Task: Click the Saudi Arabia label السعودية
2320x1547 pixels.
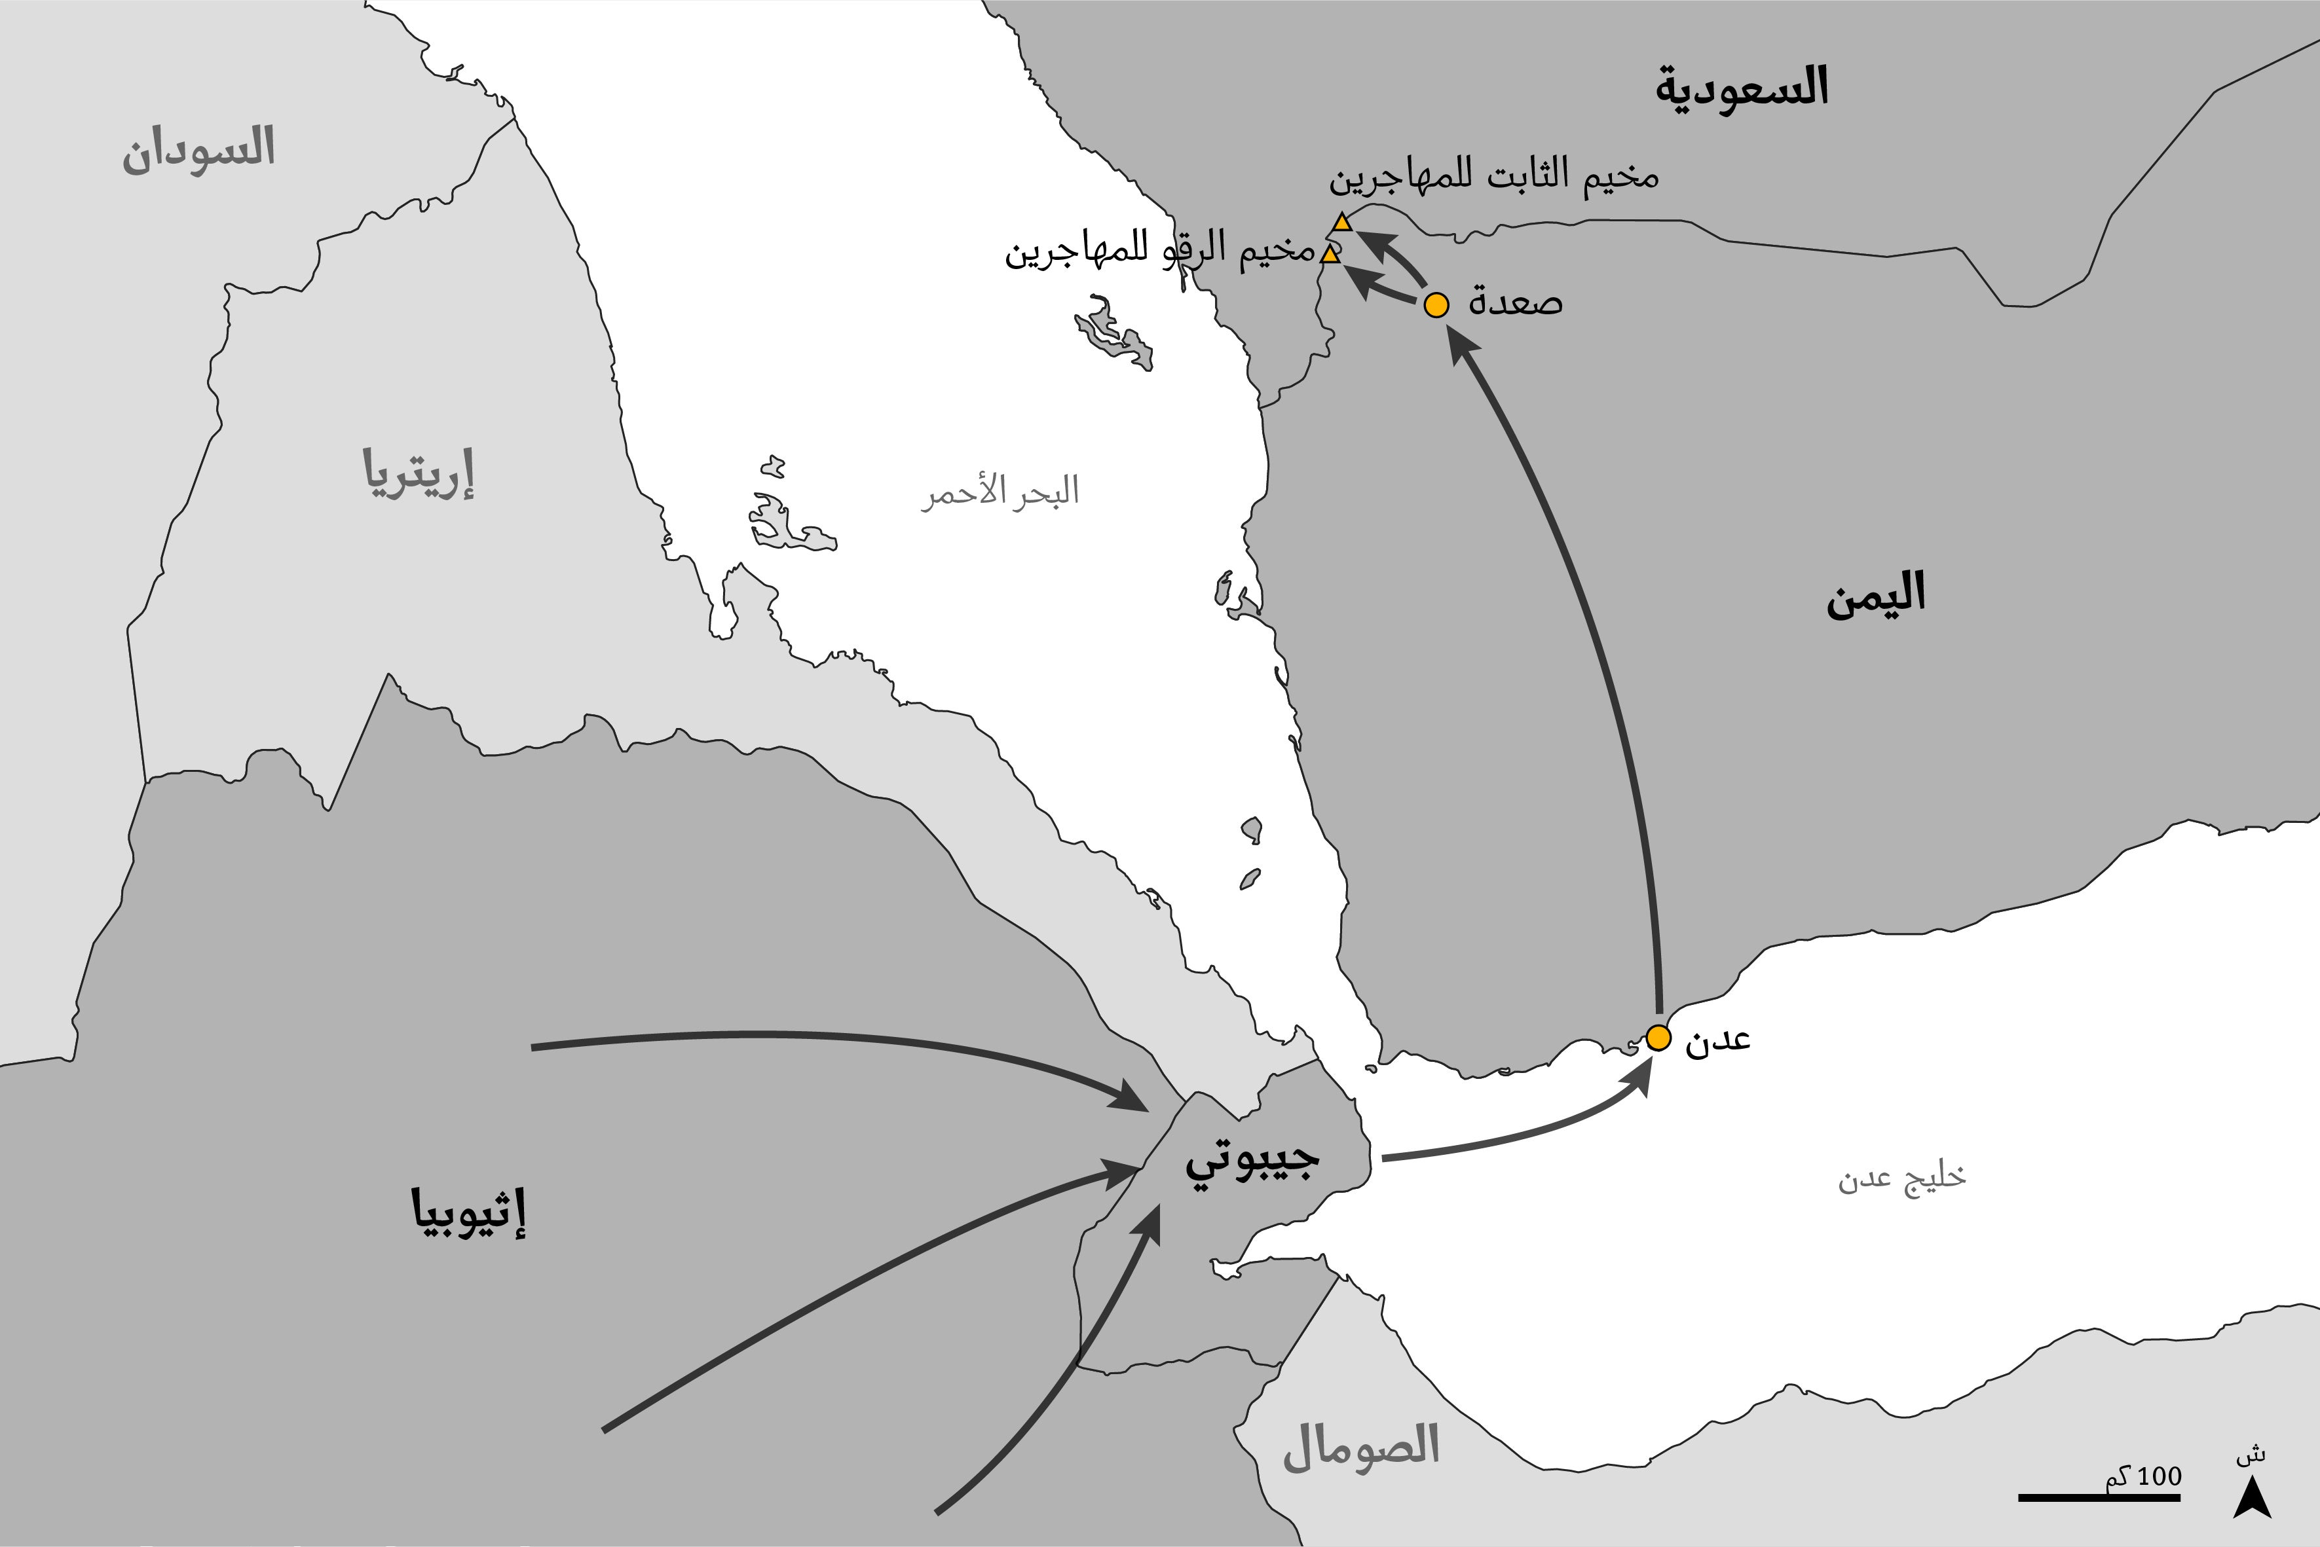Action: (x=1742, y=88)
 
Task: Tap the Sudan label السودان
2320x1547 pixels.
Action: (x=198, y=150)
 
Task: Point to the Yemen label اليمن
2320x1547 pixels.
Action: (x=1875, y=596)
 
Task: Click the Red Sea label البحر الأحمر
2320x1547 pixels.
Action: (x=1000, y=491)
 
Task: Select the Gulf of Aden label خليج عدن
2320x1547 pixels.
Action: (x=1901, y=1178)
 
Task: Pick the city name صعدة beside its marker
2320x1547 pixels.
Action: (x=1515, y=302)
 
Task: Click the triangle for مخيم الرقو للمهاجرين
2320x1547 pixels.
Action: (x=1330, y=255)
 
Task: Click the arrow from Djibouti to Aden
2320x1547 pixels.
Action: (x=1520, y=1135)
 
